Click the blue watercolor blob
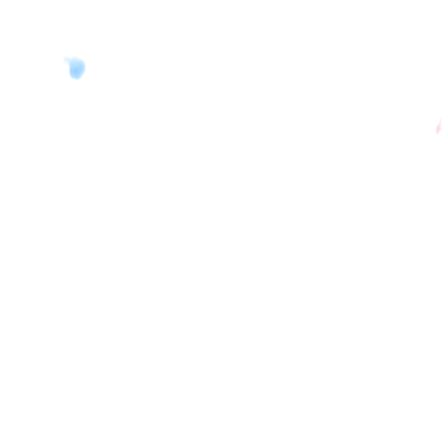pyautogui.click(x=77, y=68)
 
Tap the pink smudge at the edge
pyautogui.click(x=439, y=127)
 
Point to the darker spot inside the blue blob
pyautogui.click(x=75, y=70)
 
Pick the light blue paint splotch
pyautogui.click(x=77, y=68)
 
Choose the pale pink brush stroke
pyautogui.click(x=439, y=127)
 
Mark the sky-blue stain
pyautogui.click(x=77, y=68)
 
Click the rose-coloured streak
pyautogui.click(x=439, y=127)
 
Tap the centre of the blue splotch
pyautogui.click(x=77, y=68)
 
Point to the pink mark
pyautogui.click(x=439, y=127)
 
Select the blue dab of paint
pyautogui.click(x=77, y=68)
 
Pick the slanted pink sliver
pyautogui.click(x=439, y=127)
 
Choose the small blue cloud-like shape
pyautogui.click(x=77, y=68)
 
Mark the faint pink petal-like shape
pyautogui.click(x=439, y=127)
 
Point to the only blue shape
pyautogui.click(x=77, y=68)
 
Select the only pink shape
pyautogui.click(x=439, y=127)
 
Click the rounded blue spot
pyautogui.click(x=77, y=68)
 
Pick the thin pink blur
pyautogui.click(x=439, y=127)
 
